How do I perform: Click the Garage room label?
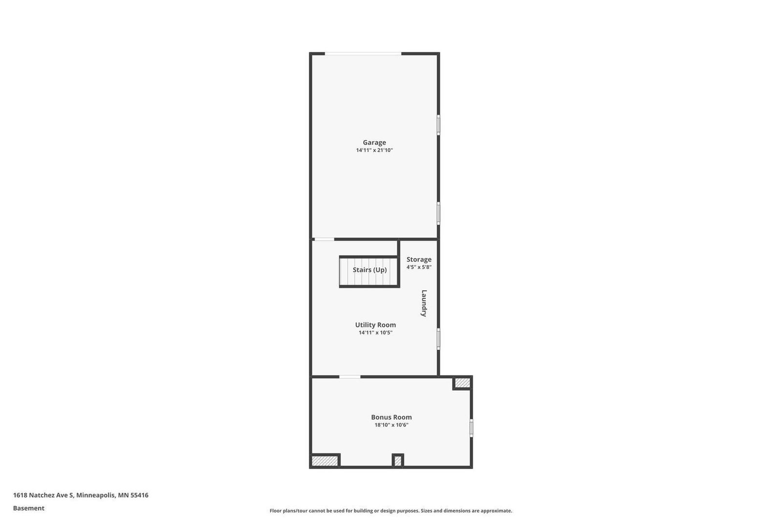coord(374,143)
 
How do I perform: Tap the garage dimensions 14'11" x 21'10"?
coord(374,151)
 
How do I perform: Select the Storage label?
coord(419,260)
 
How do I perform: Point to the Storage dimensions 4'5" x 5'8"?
coord(419,267)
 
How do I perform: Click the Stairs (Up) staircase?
coord(369,271)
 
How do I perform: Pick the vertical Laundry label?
coord(424,304)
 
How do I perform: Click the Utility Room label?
coord(375,325)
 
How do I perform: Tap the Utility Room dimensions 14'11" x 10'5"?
coord(375,333)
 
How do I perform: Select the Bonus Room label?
coord(391,417)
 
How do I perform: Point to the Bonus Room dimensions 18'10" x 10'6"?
coord(391,425)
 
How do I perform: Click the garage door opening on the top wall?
coord(363,53)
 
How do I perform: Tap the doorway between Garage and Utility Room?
coord(324,239)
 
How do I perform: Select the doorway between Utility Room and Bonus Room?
coord(350,377)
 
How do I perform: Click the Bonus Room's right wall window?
coord(471,428)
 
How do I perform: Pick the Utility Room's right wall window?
coord(438,339)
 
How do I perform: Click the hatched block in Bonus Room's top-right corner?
coord(462,383)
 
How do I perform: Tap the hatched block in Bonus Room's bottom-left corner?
coord(325,461)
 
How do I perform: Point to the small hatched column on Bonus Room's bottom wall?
coord(398,460)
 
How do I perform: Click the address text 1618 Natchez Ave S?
coord(43,495)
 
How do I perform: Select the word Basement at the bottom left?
coord(29,508)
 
